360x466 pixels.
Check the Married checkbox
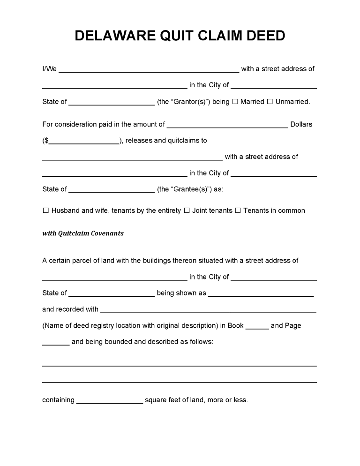click(x=235, y=102)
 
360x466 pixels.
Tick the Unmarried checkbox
click(x=270, y=102)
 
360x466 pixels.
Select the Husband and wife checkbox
click(x=46, y=210)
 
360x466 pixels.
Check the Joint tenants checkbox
click(x=187, y=210)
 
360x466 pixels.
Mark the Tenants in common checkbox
click(x=238, y=210)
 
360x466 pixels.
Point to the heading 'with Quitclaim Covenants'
click(x=83, y=233)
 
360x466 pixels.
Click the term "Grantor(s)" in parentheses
click(x=184, y=102)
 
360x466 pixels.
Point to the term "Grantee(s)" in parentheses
click(x=185, y=189)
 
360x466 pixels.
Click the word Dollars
click(x=301, y=125)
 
